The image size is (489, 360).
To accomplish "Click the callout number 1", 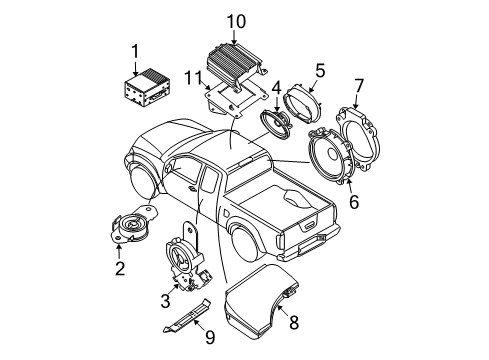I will pyautogui.click(x=134, y=50).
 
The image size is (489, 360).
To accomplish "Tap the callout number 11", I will pyautogui.click(x=191, y=75).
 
